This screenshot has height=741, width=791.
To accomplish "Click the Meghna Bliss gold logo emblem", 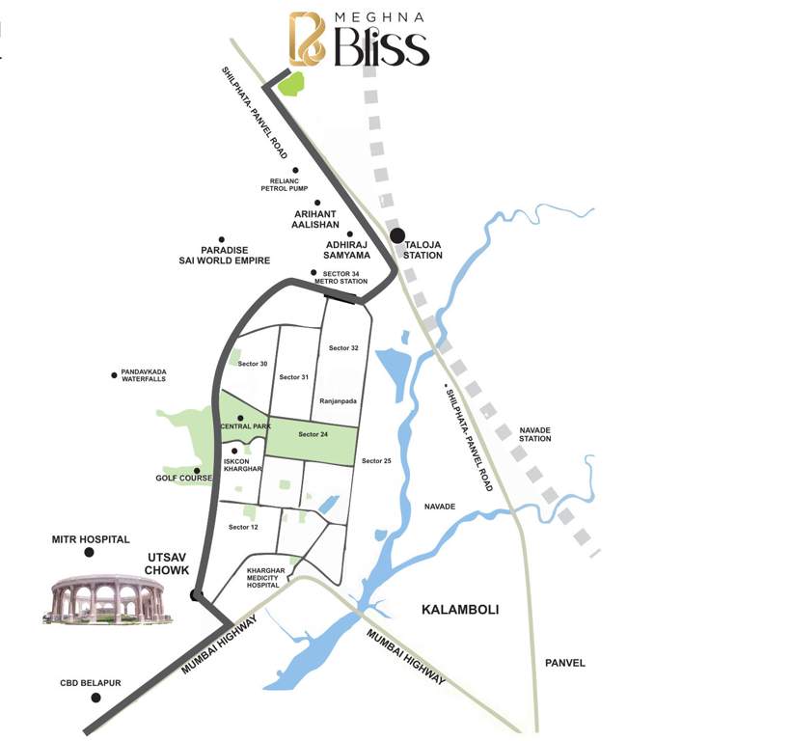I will pos(308,39).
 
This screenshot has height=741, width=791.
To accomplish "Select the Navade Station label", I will pos(535,433).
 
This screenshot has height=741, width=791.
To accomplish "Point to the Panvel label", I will pos(564,663).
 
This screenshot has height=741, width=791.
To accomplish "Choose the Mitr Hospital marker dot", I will pos(89,552).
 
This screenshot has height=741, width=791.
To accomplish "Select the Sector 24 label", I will pos(313,434).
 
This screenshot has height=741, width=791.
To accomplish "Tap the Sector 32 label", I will pos(343,347).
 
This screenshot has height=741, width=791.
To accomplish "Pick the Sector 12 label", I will pos(243,527).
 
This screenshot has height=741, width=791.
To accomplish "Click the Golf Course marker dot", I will pos(197,471).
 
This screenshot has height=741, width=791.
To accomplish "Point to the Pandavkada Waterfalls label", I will pos(144,375).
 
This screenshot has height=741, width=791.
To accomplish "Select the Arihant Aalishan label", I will pos(316,218).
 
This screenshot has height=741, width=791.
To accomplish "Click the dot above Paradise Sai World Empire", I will pos(221,239).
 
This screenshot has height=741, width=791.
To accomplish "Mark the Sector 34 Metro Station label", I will pos(345,277).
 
